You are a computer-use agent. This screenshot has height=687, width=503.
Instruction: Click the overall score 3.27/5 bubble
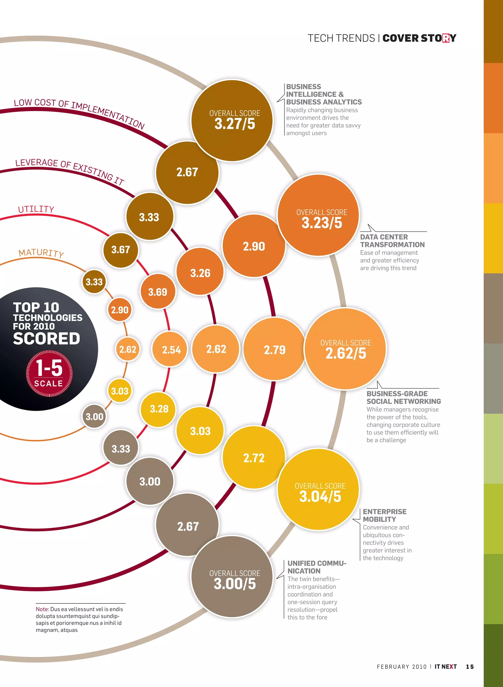click(x=232, y=121)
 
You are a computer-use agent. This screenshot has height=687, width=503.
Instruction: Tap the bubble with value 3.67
click(x=121, y=250)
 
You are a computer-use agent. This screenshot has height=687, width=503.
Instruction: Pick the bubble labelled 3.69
click(x=158, y=291)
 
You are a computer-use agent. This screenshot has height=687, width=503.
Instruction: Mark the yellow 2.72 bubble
click(x=254, y=458)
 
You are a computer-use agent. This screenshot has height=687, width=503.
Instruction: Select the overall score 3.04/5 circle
click(x=319, y=490)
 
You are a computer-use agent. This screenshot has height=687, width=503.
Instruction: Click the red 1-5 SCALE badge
click(x=49, y=373)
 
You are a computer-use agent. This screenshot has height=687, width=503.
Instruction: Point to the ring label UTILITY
click(x=36, y=209)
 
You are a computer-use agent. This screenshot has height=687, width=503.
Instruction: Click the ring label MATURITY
click(x=41, y=253)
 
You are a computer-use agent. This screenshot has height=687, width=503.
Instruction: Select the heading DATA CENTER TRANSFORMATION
click(x=392, y=241)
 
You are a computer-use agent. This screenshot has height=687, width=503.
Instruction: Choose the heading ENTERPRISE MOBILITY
click(x=385, y=515)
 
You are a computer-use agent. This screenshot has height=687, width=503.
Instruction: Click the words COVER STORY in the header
click(x=419, y=38)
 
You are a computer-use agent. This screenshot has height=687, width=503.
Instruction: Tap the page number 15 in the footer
click(x=470, y=667)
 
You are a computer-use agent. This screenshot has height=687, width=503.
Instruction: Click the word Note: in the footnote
click(x=42, y=609)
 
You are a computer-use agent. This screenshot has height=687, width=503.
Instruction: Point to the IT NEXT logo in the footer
click(x=446, y=667)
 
